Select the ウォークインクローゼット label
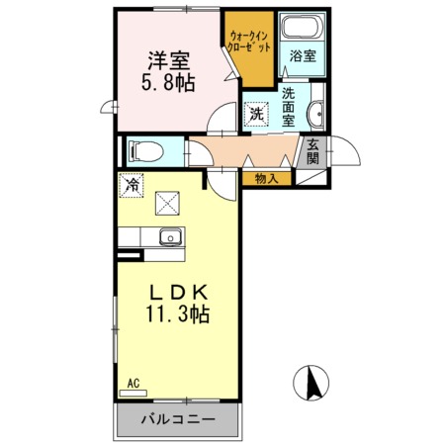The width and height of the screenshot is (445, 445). (x=245, y=41)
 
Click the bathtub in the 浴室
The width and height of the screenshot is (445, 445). (x=297, y=28)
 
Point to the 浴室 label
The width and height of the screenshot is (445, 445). (x=303, y=56)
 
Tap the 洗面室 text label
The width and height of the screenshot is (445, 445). (x=288, y=107)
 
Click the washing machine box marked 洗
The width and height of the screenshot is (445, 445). (x=256, y=114)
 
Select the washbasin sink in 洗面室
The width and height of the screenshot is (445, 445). (x=315, y=115)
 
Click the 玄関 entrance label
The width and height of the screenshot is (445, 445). (x=311, y=151)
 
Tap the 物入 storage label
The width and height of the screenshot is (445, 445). (x=265, y=178)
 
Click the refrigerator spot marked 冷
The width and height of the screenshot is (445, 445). (x=133, y=183)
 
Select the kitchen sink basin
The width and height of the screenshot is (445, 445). (x=169, y=237)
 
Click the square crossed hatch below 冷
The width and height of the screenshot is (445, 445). (x=164, y=203)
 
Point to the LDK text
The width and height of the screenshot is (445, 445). (x=178, y=293)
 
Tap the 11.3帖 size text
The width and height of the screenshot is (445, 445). (x=179, y=316)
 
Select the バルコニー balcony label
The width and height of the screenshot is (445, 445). (x=178, y=419)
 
